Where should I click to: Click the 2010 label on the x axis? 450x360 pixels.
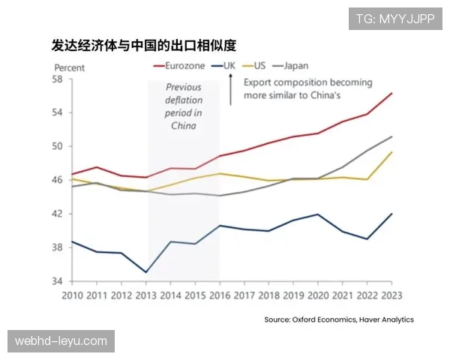72,295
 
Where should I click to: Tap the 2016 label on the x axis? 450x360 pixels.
218,295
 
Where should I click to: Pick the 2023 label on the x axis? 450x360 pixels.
391,295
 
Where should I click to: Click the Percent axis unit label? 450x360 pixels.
69,67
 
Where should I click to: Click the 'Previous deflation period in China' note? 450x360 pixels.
183,106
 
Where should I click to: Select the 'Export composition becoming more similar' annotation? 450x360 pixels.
292,89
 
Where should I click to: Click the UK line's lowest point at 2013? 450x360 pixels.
145,271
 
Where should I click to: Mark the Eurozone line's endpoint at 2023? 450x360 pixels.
391,93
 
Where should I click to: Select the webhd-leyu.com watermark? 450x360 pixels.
63,340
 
